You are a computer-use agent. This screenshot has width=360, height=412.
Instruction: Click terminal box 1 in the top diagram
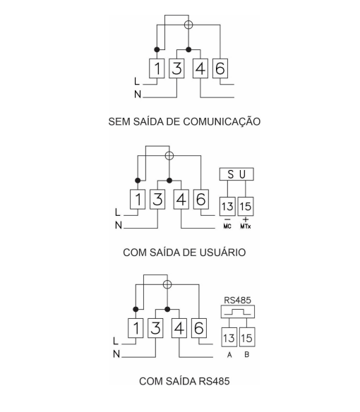[x=157, y=68]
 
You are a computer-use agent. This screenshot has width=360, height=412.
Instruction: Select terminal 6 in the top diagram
[x=220, y=68]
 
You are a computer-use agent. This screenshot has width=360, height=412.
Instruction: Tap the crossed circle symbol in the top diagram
[x=188, y=25]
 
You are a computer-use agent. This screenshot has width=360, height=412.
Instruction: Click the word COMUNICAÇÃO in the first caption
[x=222, y=121]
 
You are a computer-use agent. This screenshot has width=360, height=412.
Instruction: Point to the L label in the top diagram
[x=137, y=81]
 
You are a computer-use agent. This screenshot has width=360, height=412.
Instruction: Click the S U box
[x=236, y=174]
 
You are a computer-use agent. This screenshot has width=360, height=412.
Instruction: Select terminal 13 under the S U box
[x=227, y=207]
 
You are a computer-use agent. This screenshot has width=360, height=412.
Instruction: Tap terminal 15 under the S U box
[x=246, y=207]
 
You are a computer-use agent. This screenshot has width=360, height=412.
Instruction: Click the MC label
[x=227, y=226]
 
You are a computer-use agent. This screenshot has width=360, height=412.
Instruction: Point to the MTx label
[x=246, y=226]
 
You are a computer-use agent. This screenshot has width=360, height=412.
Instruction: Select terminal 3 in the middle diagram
[x=157, y=199]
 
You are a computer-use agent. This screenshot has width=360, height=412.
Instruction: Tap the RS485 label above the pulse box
[x=237, y=300]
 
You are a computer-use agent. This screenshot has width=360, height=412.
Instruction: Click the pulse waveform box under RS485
[x=238, y=312]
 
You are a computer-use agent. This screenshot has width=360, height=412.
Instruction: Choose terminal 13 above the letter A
[x=229, y=337]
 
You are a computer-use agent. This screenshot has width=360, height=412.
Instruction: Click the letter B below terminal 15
[x=246, y=354]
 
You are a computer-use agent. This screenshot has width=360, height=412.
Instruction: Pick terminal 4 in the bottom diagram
[x=179, y=328]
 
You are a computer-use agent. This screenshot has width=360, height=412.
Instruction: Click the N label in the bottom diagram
[x=116, y=354]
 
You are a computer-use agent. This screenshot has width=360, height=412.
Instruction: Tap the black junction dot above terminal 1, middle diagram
[x=138, y=181]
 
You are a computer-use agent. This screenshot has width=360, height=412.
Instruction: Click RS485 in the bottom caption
[x=214, y=381]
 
